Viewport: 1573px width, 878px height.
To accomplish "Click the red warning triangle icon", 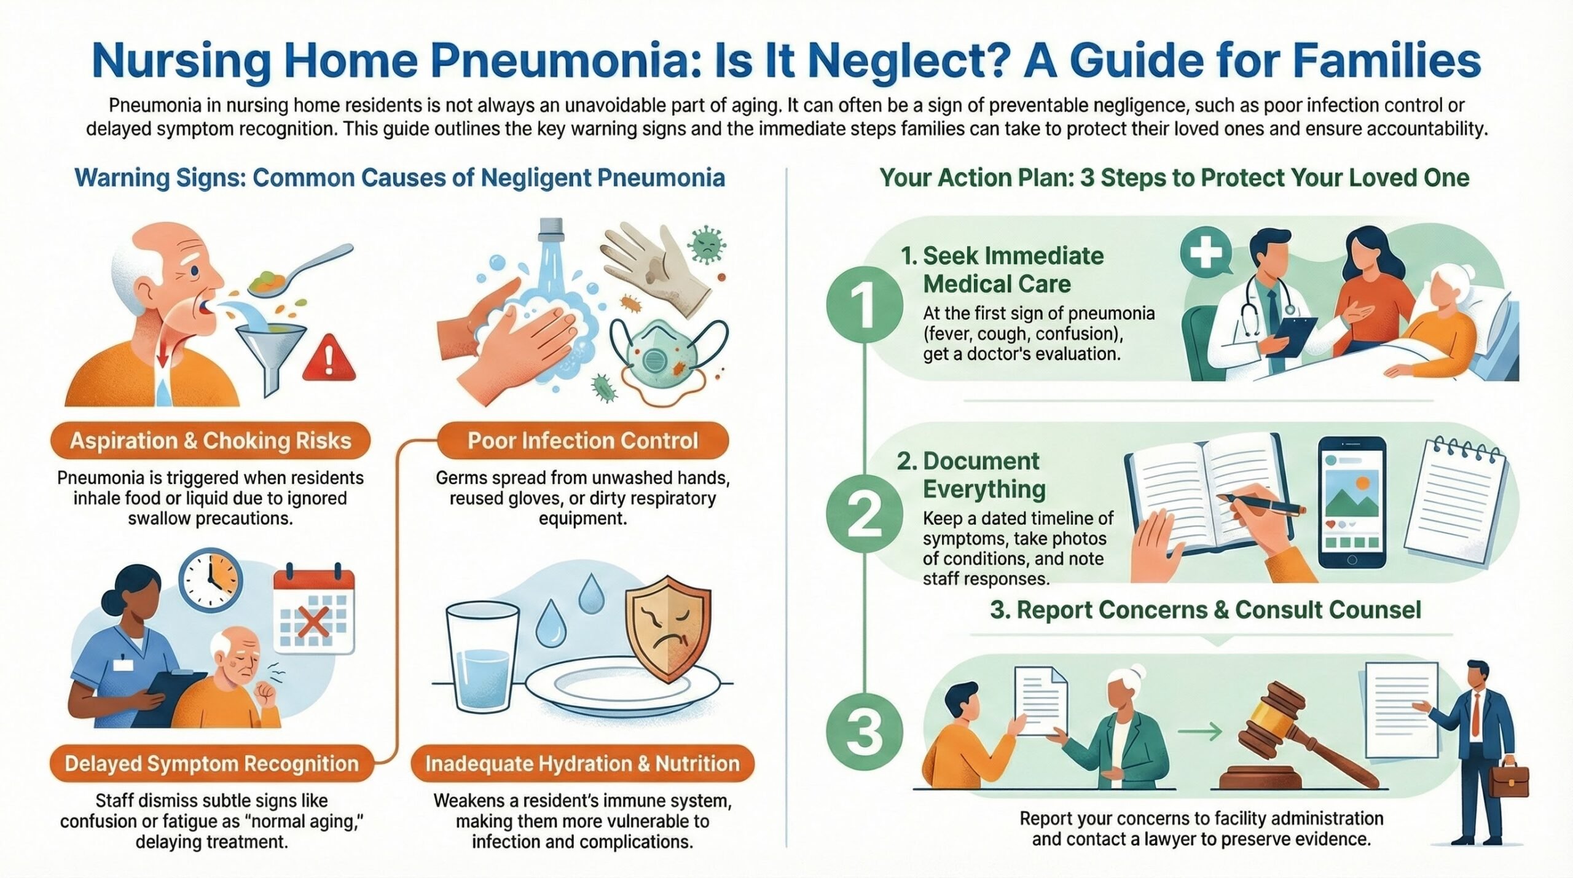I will coord(329,359).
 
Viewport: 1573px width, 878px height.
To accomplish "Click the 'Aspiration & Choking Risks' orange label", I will coord(210,441).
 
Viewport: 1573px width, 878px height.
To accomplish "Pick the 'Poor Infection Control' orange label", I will coord(583,441).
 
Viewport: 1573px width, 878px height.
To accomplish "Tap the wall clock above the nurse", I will coord(211,580).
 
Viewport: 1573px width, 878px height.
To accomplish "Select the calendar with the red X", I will coord(314,611).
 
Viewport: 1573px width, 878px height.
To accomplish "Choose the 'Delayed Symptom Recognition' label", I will coord(211,764).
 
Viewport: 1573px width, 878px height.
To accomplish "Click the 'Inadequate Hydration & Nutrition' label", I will coord(583,764).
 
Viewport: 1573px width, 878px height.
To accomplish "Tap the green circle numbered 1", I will coord(865,305).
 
